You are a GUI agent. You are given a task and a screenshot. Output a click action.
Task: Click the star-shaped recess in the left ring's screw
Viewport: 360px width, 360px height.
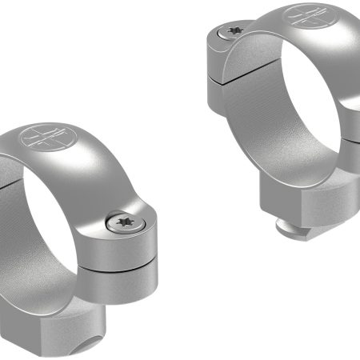(123, 222)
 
